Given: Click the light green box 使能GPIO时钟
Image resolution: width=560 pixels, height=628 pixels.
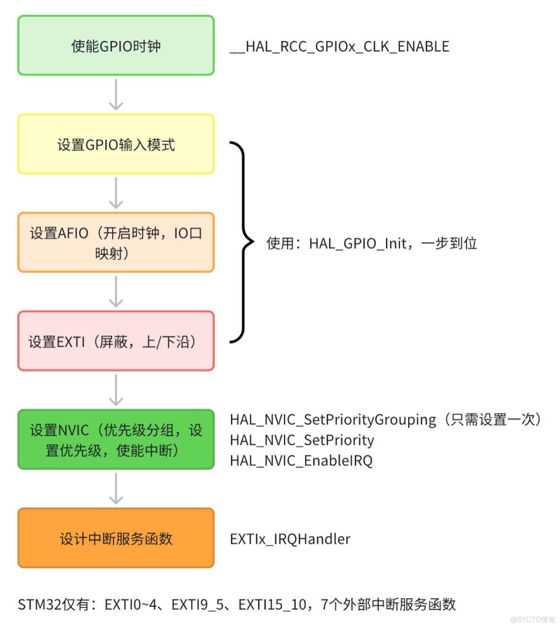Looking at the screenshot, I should click(116, 46).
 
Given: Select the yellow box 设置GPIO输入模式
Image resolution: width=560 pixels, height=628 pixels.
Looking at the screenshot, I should click(116, 144).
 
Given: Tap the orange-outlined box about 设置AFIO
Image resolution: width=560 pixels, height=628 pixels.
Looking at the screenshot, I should click(116, 242).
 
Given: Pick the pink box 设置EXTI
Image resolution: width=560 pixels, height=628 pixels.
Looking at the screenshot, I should click(116, 341).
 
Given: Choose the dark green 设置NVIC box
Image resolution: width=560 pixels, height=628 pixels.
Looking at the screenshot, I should click(116, 439).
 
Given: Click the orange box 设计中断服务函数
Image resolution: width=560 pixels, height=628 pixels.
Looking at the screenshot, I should click(116, 538).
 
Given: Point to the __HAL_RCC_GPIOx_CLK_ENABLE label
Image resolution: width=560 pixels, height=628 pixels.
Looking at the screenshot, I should click(340, 46).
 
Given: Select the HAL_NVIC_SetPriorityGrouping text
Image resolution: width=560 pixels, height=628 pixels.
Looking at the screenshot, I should click(333, 420).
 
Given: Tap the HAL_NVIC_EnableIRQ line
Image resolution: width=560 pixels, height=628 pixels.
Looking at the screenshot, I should click(301, 460).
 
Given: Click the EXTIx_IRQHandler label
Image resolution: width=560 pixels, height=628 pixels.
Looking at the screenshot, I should click(290, 539).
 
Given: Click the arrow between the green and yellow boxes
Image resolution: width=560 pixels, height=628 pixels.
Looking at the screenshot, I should click(116, 95).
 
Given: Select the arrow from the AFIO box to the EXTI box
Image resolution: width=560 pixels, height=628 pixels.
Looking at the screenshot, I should click(116, 292).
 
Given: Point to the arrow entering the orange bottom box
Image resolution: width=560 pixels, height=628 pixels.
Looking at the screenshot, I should click(116, 489).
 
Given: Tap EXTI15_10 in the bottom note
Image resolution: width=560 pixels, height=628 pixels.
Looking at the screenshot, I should click(272, 604).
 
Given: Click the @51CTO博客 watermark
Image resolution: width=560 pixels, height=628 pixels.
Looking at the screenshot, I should click(533, 619).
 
